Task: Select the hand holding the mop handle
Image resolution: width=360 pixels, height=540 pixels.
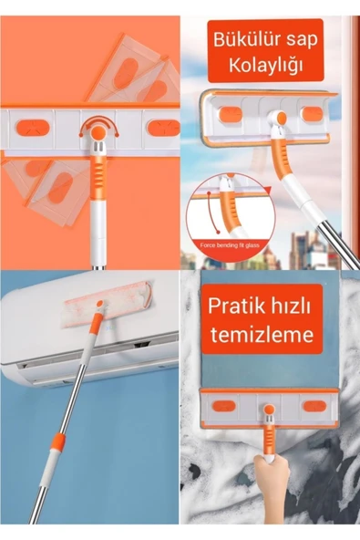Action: [x=270, y=479]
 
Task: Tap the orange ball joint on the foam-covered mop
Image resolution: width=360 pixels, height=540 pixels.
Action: [x=269, y=411]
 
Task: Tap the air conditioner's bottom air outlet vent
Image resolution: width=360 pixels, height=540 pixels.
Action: [x=82, y=360]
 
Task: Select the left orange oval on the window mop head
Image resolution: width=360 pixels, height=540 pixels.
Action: [x=231, y=113]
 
